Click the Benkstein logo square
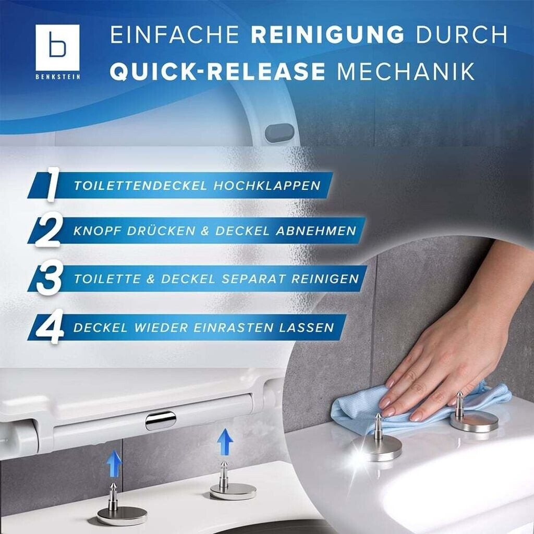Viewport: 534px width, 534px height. coord(57,47)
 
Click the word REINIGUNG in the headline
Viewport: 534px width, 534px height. coord(327,34)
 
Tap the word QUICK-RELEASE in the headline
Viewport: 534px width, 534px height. coord(217,71)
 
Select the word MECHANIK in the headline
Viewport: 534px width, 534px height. coord(405,71)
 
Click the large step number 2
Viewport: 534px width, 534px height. coord(48,229)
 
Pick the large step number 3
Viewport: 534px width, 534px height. coord(50,278)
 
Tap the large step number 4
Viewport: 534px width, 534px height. coord(50,326)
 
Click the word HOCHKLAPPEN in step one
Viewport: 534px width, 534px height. coord(267,186)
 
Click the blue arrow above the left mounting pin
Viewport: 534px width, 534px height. coord(114,463)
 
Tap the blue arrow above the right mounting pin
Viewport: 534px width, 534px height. coord(225,442)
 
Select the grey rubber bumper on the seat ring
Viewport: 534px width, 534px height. coord(280,132)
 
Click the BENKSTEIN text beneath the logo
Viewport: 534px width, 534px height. coord(58,77)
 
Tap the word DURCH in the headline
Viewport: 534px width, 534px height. coord(462,34)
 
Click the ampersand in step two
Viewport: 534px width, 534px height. coord(204,231)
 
